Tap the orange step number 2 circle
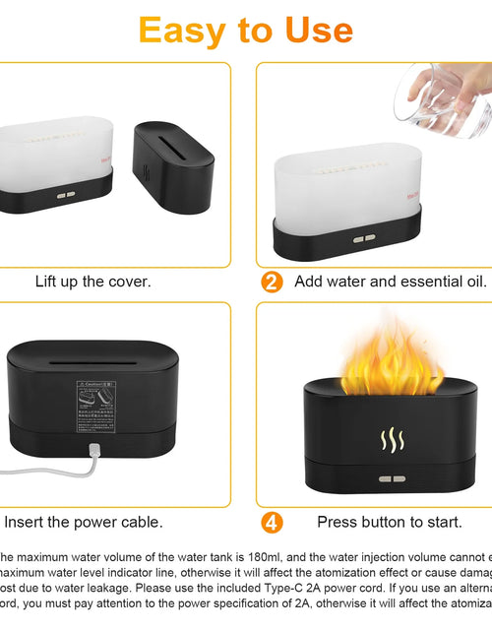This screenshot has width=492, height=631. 273,282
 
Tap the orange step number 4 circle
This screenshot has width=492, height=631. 273,522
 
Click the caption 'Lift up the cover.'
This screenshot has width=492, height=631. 93,282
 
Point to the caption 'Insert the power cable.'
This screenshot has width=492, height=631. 84,522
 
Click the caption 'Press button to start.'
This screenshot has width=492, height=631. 390,522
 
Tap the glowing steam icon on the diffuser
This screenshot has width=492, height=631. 392,439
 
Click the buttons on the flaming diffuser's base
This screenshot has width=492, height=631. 392,479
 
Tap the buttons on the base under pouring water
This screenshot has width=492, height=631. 363,237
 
